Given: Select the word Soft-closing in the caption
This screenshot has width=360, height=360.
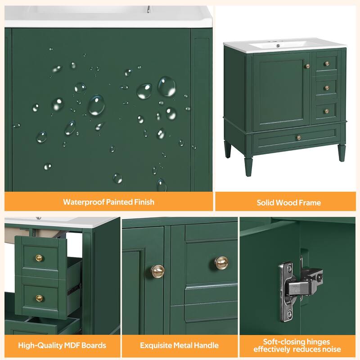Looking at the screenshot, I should (275, 342).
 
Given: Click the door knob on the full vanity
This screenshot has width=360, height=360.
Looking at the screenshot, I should (307, 67).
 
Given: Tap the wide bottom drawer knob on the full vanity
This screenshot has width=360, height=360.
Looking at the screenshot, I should (298, 137).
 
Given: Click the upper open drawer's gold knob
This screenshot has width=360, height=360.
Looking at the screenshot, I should (39, 258).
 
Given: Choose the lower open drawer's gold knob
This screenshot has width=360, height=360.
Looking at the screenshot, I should (39, 298).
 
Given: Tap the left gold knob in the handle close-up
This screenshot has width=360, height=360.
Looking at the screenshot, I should (157, 270).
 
